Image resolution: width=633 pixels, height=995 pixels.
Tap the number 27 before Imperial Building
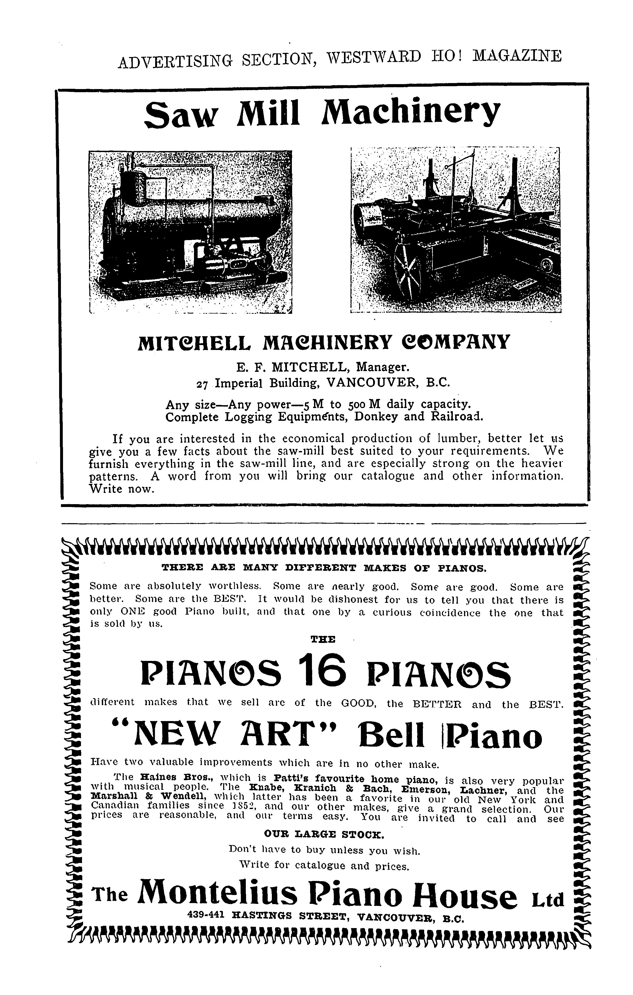[203, 384]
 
